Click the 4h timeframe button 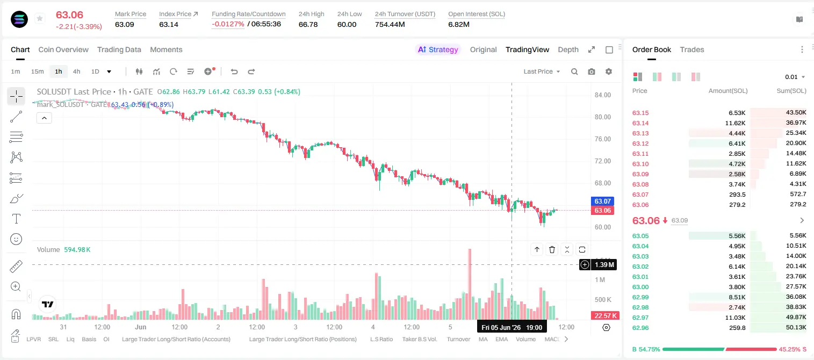(76, 71)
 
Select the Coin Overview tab (63, 49)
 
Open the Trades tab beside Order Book (692, 49)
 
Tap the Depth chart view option (568, 49)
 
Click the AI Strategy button (438, 49)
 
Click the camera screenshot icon (592, 71)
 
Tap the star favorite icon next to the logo (40, 18)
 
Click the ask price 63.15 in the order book (640, 113)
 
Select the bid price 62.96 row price (640, 328)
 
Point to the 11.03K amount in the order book (735, 318)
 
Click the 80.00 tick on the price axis (602, 117)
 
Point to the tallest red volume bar (470, 284)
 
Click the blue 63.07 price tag (602, 201)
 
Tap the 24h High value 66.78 (308, 24)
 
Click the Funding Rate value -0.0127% (228, 24)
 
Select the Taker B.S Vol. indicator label (420, 339)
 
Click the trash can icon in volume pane (552, 249)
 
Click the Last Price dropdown (542, 71)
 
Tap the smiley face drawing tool (16, 239)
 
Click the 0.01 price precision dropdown (795, 77)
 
